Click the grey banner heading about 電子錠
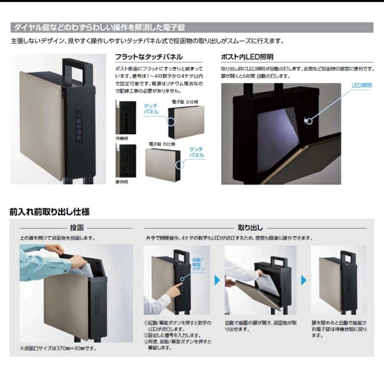click(100, 27)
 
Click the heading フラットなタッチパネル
click(149, 57)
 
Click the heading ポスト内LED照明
click(247, 57)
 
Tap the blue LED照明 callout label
click(362, 85)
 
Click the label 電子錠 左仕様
click(185, 102)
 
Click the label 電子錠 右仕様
click(162, 144)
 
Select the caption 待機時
click(122, 138)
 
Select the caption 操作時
click(122, 182)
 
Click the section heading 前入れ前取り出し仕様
click(49, 212)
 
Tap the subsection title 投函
click(77, 228)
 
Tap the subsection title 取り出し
click(255, 228)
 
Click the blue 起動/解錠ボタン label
click(198, 265)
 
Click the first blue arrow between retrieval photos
click(217, 281)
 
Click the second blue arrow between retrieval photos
click(304, 281)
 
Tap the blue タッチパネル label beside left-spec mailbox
click(151, 109)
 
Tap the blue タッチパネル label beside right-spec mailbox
click(197, 153)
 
